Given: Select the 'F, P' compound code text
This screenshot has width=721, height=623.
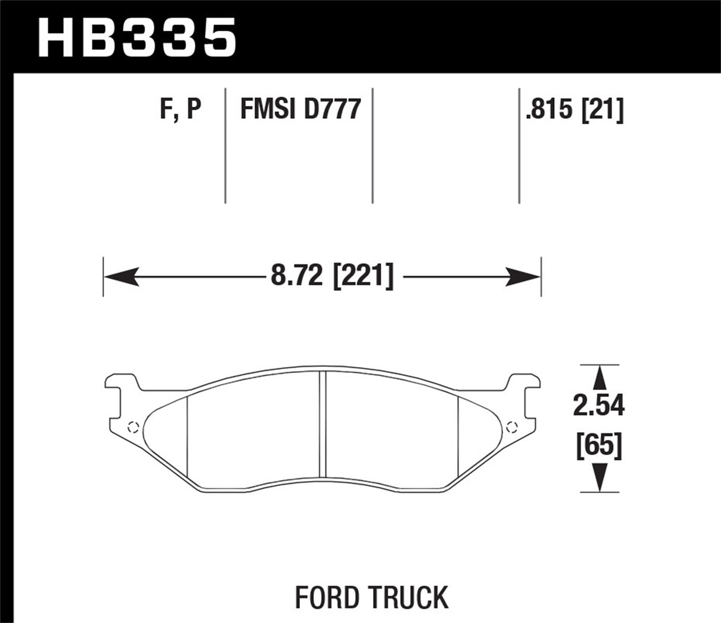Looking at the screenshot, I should (x=181, y=110).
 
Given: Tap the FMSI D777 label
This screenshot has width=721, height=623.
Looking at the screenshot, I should (x=301, y=110).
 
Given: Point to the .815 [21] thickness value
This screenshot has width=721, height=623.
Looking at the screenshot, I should (x=574, y=110).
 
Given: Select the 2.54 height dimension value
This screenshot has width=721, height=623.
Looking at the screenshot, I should (x=599, y=406).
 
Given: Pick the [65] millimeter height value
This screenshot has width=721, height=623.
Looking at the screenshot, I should (x=599, y=445).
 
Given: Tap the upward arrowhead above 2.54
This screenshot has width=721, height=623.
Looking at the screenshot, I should (x=599, y=378).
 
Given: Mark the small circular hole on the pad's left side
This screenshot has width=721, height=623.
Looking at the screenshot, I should (x=133, y=425).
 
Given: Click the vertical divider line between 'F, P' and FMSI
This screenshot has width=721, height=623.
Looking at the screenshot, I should (x=225, y=146).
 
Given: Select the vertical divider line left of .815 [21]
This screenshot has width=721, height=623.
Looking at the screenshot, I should (x=519, y=146).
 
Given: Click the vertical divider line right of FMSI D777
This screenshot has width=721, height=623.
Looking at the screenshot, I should (x=372, y=146).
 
